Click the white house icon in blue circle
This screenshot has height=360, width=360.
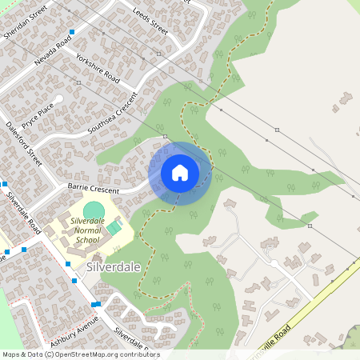click(180, 173)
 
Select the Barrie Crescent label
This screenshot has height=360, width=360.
click(93, 190)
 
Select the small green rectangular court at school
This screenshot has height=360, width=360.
click(114, 228)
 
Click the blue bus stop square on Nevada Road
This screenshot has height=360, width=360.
click(72, 32)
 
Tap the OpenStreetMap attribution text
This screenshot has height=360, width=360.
click(80, 354)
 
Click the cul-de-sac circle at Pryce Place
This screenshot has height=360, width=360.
click(58, 99)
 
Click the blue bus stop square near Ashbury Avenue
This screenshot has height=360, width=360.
click(95, 304)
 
